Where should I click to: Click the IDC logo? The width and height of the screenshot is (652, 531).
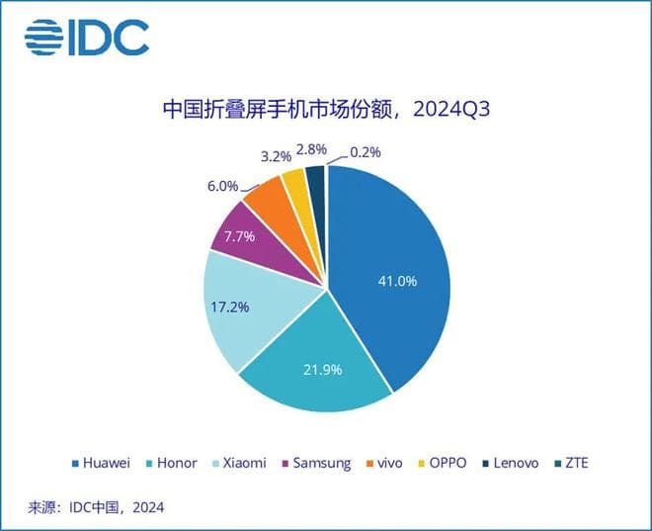coord(87,38)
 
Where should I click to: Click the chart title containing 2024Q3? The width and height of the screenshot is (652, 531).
coord(326,108)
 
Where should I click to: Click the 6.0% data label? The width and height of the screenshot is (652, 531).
coord(222,185)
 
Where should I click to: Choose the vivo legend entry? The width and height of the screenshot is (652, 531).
coord(387,463)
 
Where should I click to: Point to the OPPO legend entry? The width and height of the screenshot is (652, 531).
coord(444,463)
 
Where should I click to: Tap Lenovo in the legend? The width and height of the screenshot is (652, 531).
coord(515,463)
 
